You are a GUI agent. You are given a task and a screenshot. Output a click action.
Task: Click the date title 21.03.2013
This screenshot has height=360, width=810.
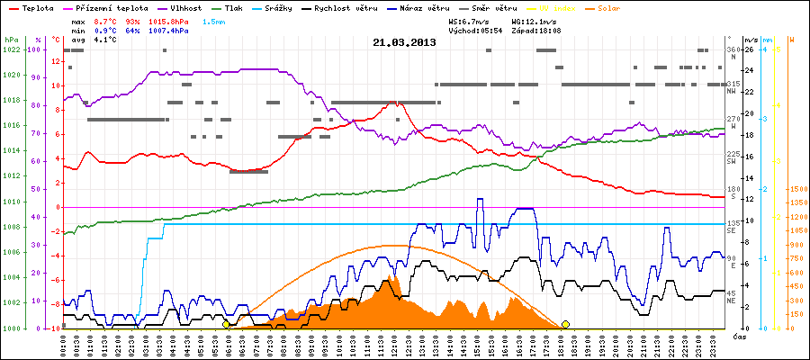click(x=404, y=41)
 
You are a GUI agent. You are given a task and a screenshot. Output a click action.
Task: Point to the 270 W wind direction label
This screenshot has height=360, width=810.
click(x=733, y=121)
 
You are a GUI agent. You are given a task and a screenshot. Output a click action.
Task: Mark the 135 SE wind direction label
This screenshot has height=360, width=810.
click(x=733, y=225)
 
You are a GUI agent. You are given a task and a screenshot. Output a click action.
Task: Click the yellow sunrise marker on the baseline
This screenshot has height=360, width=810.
click(x=226, y=324)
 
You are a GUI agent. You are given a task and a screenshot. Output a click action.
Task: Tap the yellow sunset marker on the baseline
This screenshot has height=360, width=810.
click(x=565, y=324)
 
